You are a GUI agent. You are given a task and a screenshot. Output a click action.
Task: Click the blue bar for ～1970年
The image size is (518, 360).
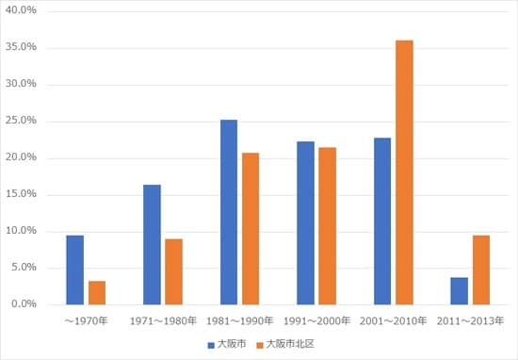click(75, 270)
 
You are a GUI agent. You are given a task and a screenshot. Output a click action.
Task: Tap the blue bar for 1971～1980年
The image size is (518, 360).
click(152, 244)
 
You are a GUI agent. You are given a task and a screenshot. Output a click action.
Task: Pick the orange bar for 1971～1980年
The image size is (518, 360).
click(173, 271)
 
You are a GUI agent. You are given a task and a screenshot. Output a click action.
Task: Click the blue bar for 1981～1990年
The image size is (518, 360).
click(229, 212)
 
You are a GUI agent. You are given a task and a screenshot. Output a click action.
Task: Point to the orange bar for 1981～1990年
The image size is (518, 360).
click(251, 228)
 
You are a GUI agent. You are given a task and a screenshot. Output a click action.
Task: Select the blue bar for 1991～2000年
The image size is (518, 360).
click(305, 222)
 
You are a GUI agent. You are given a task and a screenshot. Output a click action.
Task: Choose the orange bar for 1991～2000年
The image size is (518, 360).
click(327, 225)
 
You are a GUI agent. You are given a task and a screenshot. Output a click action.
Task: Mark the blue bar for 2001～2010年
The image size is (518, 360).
click(382, 221)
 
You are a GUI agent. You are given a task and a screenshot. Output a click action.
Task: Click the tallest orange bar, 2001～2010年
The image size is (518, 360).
click(404, 172)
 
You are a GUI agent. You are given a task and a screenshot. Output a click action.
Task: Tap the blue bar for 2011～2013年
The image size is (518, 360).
click(459, 290)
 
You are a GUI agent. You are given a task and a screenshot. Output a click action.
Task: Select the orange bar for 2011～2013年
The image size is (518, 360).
click(480, 270)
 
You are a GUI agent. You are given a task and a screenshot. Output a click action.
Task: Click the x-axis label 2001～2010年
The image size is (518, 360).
click(393, 321)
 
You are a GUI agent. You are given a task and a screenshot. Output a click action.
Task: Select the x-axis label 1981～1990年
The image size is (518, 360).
click(239, 321)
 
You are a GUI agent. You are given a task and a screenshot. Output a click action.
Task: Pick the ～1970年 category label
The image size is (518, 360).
click(86, 321)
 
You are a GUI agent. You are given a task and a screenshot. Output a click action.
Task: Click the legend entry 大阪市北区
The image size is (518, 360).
click(288, 345)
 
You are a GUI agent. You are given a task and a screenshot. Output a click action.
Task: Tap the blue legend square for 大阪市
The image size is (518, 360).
click(211, 345)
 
